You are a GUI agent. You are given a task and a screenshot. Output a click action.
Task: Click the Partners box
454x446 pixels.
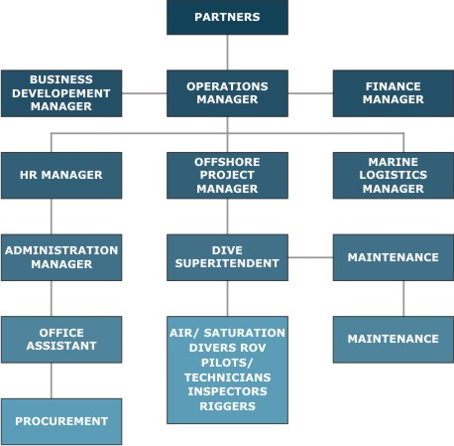[227, 17]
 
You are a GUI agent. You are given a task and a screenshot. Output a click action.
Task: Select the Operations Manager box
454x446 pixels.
[227, 93]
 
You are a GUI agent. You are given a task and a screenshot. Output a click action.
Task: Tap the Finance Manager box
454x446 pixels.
[394, 93]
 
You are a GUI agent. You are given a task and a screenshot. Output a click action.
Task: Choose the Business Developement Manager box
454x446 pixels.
[61, 93]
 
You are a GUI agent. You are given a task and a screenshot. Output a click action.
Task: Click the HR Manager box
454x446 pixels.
[61, 176]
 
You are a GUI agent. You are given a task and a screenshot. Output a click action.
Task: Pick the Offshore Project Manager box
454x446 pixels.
[227, 176]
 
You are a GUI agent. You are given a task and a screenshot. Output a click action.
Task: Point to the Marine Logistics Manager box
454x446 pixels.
[394, 176]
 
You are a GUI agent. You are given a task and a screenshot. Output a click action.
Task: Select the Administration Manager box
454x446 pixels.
[61, 257]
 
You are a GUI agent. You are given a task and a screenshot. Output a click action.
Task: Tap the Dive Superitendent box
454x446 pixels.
[227, 257]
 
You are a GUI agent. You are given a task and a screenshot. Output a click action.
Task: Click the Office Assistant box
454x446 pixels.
[61, 340]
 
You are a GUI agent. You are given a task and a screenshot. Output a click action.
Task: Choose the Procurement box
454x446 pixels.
[61, 421]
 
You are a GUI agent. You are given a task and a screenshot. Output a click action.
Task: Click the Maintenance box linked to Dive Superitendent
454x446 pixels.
[394, 257]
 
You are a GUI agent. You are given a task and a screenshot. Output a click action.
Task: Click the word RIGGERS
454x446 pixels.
[227, 406]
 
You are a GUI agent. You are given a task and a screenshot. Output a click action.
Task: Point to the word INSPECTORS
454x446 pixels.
[227, 391]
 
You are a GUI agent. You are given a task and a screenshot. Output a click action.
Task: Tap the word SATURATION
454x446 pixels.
[245, 333]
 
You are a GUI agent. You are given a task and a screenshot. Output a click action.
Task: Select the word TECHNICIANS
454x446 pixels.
[227, 377]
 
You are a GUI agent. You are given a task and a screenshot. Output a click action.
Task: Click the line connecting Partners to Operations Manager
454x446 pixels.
[227, 53]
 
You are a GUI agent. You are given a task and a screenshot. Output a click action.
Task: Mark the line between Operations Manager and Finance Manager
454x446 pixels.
[310, 93]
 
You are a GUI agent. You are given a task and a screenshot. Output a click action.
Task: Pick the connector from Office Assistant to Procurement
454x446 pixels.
[52, 380]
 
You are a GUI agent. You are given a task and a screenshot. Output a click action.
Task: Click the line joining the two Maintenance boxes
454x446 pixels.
[403, 299]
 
